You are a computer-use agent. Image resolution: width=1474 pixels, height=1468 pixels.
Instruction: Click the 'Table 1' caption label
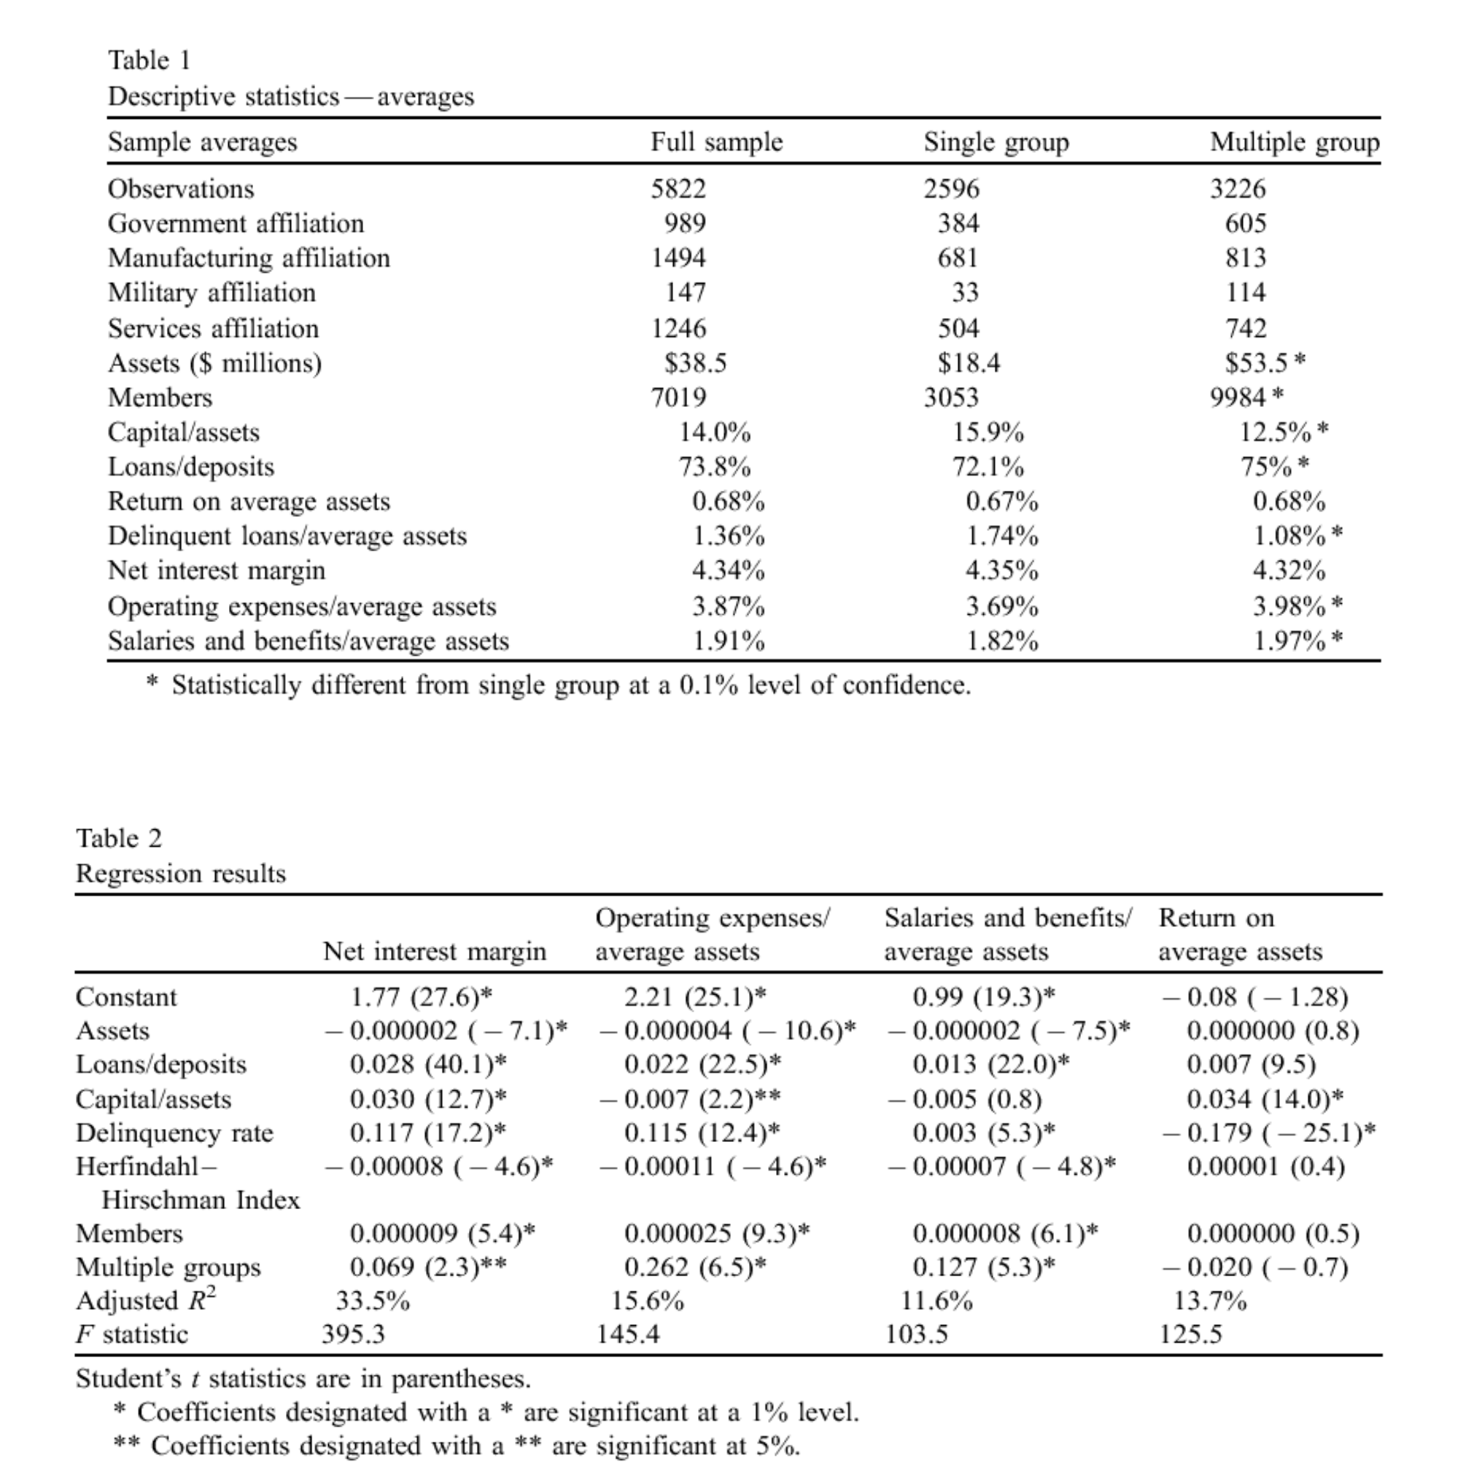(x=150, y=61)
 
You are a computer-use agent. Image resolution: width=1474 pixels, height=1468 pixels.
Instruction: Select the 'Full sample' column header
(x=715, y=142)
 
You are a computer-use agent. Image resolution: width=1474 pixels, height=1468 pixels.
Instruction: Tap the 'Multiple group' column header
(x=1294, y=142)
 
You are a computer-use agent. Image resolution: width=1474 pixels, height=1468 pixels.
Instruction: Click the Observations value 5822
(x=678, y=188)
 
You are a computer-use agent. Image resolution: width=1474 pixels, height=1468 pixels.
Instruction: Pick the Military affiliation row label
(x=212, y=293)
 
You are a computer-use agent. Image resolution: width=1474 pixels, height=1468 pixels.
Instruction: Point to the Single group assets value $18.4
(x=968, y=363)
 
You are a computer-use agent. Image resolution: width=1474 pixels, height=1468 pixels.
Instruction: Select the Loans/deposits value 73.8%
(x=714, y=467)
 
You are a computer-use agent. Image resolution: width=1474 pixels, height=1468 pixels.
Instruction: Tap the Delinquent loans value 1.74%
(x=1001, y=537)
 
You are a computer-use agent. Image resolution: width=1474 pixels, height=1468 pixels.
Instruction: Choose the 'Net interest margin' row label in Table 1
(x=216, y=571)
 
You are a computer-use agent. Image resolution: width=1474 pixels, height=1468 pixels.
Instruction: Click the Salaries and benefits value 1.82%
(x=1001, y=641)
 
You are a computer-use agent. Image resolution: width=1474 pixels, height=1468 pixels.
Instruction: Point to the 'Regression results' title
(x=181, y=873)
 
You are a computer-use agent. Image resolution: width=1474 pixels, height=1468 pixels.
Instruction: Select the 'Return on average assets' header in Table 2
(x=1239, y=934)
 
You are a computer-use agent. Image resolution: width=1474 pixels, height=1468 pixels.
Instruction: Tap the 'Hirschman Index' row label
(x=201, y=1200)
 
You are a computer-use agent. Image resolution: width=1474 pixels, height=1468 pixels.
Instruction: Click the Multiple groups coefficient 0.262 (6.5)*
(x=694, y=1267)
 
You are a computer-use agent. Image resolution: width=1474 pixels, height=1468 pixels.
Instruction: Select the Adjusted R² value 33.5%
(x=372, y=1301)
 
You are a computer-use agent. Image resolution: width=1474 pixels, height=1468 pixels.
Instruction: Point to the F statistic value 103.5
(x=915, y=1335)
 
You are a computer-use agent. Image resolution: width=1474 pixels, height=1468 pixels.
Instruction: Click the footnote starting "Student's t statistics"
(x=303, y=1379)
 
